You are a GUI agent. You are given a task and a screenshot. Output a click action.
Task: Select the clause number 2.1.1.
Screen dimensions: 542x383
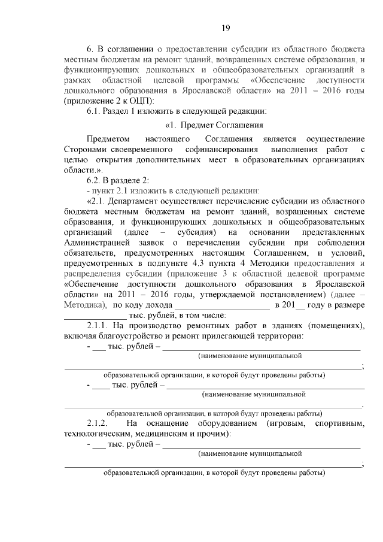[98, 325]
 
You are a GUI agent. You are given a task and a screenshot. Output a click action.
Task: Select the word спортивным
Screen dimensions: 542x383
[339, 423]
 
